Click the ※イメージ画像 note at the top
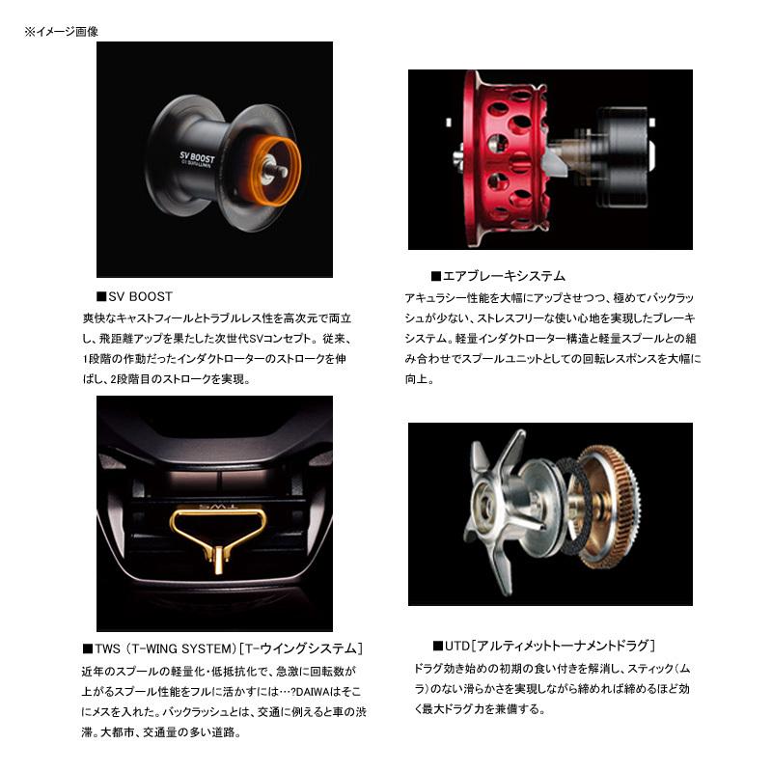61,32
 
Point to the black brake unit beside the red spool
621,151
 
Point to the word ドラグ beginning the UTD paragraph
427,668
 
